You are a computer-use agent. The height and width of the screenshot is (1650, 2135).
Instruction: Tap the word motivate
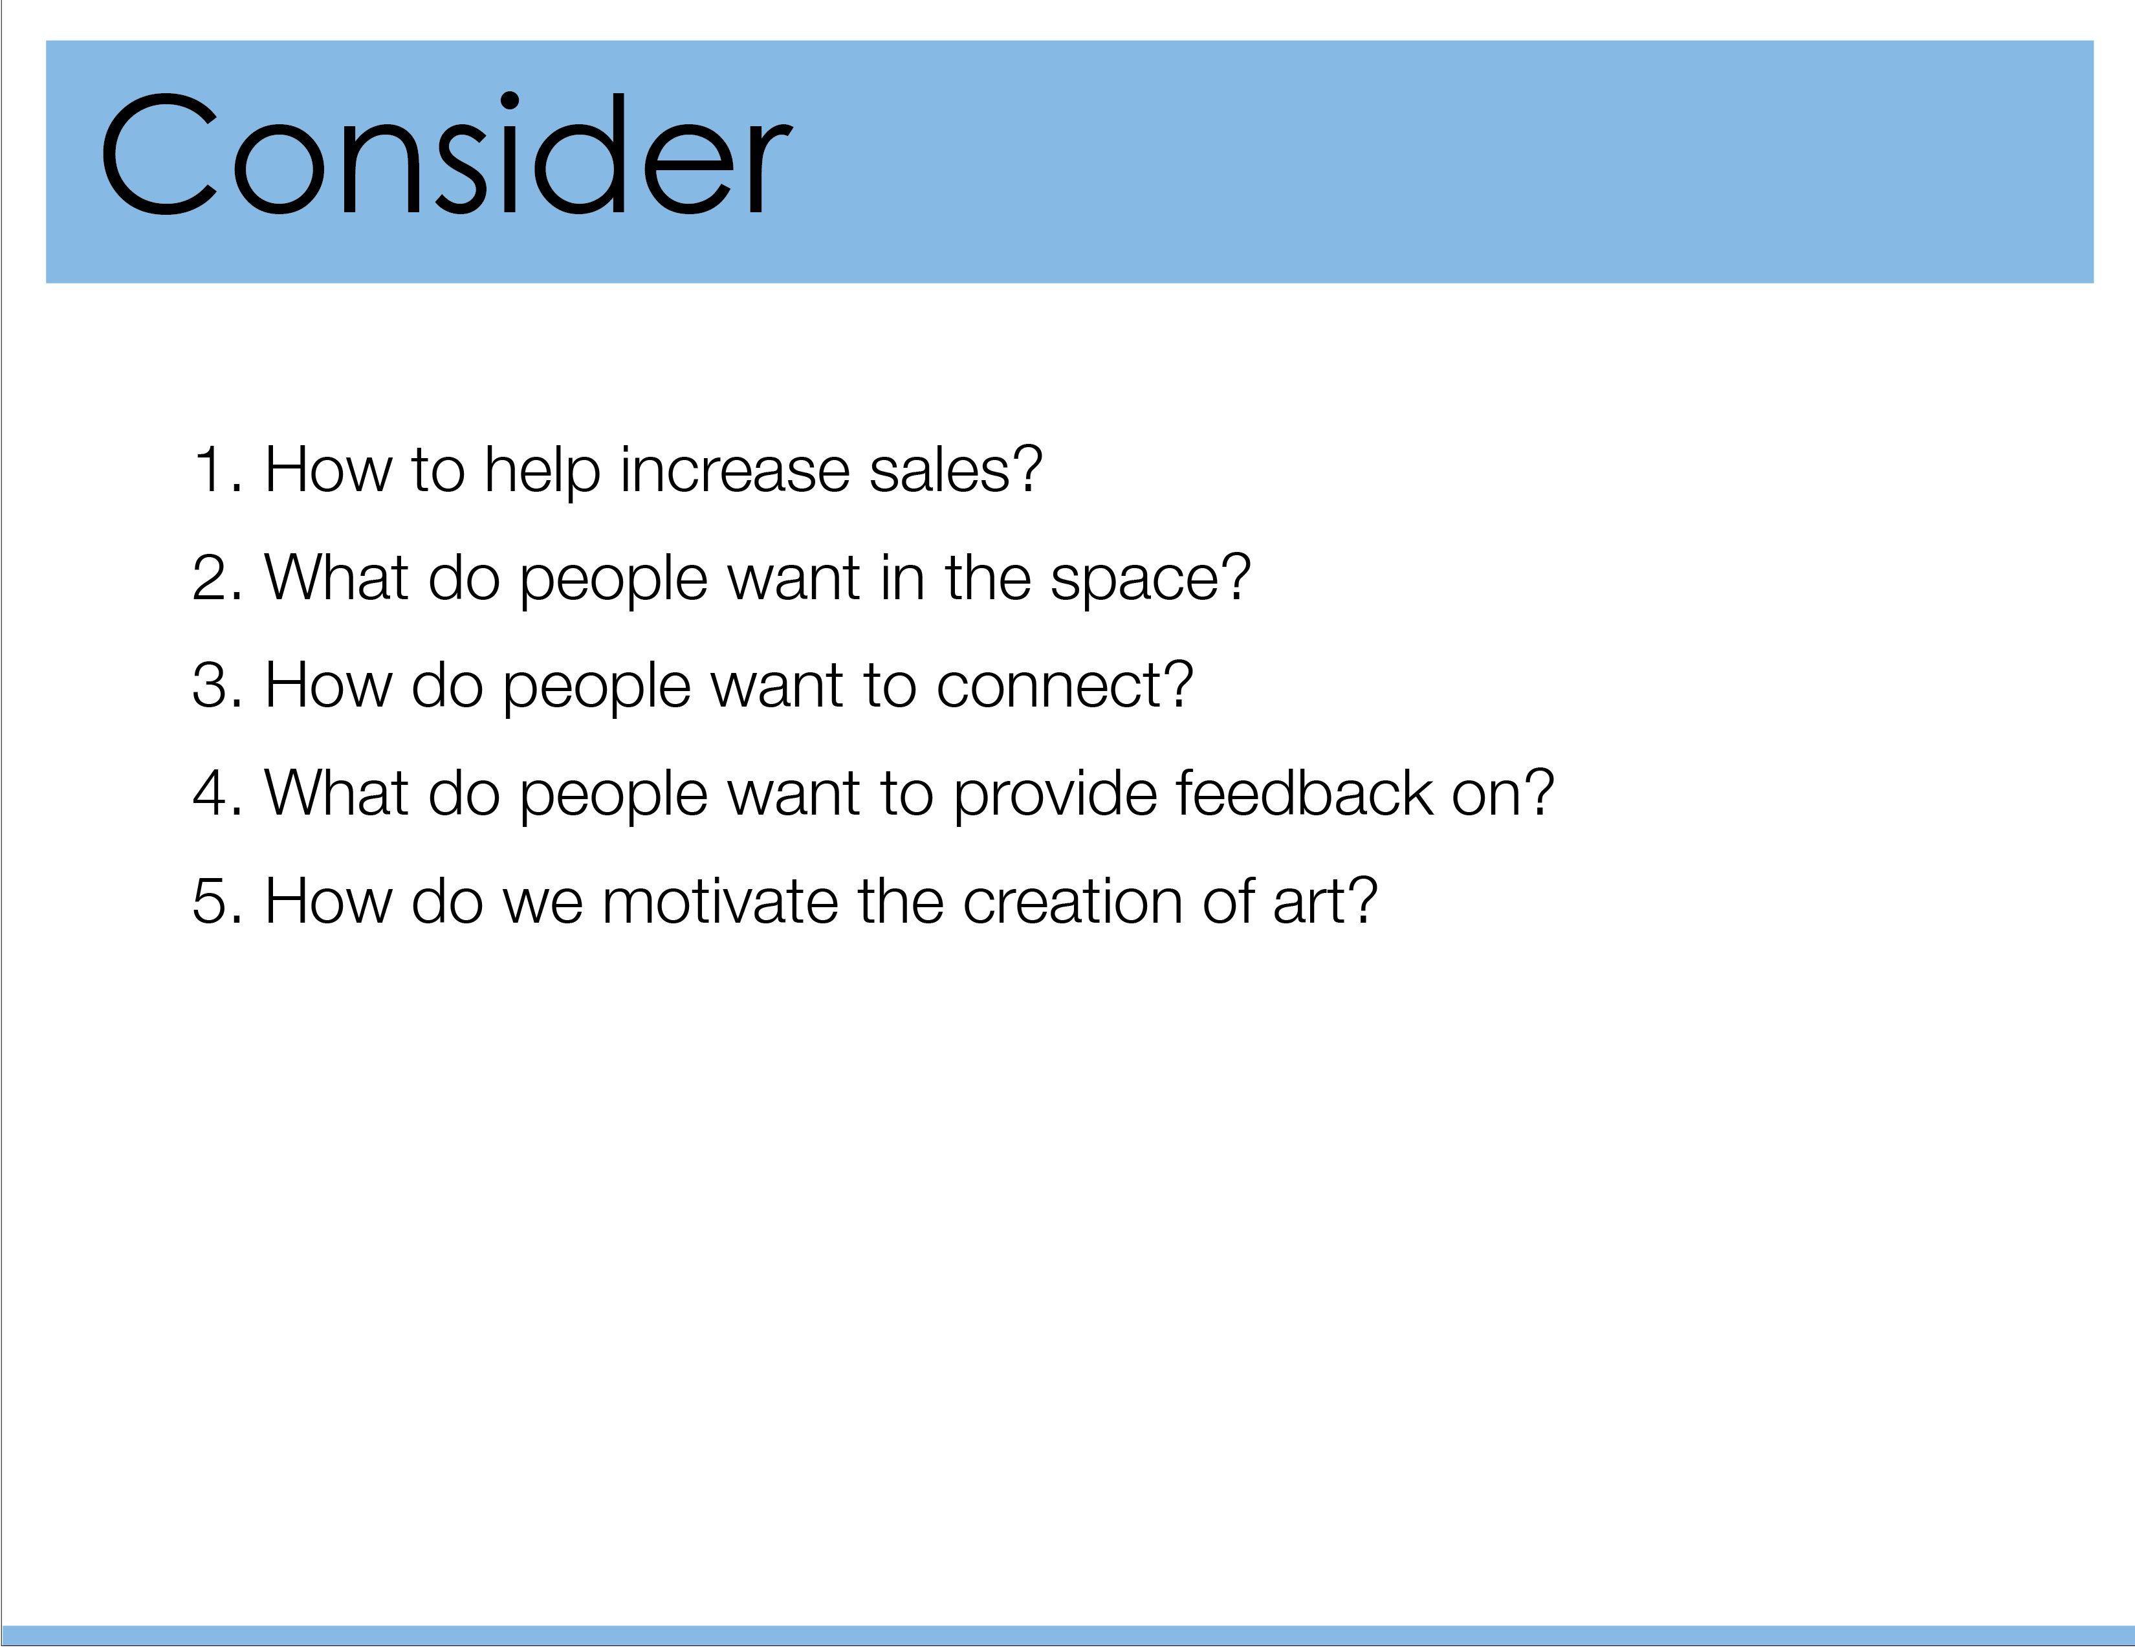coord(719,901)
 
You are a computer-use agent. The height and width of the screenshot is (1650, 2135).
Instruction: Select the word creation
coord(1073,901)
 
